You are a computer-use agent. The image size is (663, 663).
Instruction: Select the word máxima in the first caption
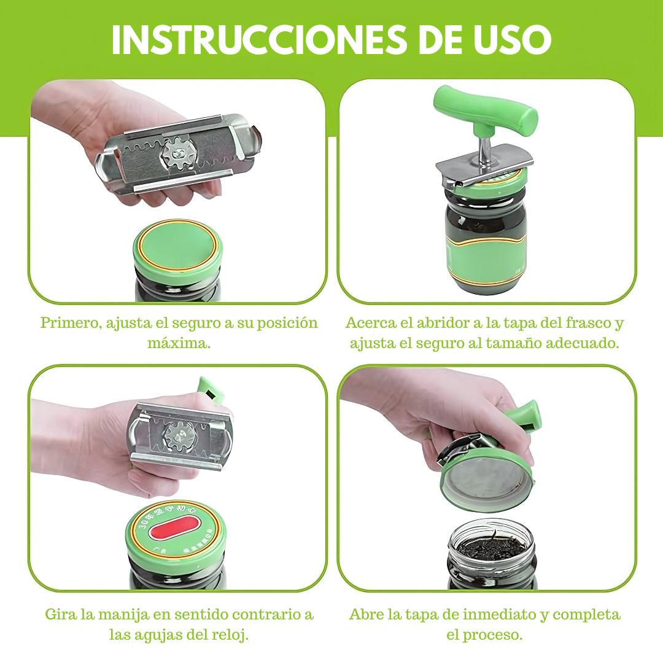[178, 343]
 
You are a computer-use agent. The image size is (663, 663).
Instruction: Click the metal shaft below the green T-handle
[485, 150]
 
